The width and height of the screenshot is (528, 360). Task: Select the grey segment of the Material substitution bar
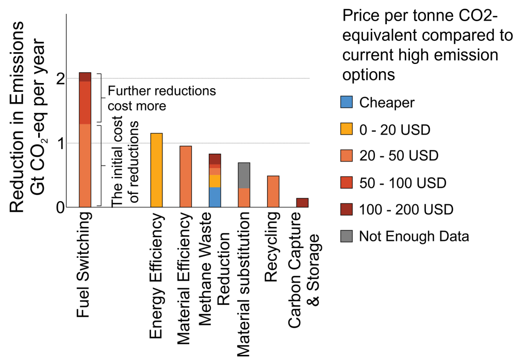(x=244, y=175)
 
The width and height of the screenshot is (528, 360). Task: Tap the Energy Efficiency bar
(x=156, y=170)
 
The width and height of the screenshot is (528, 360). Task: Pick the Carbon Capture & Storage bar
(x=303, y=203)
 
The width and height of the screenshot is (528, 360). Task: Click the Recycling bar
(x=273, y=191)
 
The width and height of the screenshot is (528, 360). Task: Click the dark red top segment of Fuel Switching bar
(x=85, y=77)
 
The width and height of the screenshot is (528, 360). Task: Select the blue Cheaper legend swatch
(x=346, y=102)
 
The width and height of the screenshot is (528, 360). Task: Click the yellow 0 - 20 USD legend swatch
(x=346, y=129)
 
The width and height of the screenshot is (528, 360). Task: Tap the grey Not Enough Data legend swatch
(x=346, y=236)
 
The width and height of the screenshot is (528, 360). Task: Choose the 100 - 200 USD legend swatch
(x=346, y=209)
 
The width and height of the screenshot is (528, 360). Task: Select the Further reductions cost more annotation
(x=161, y=98)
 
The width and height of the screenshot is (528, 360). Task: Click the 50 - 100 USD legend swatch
(x=346, y=183)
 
